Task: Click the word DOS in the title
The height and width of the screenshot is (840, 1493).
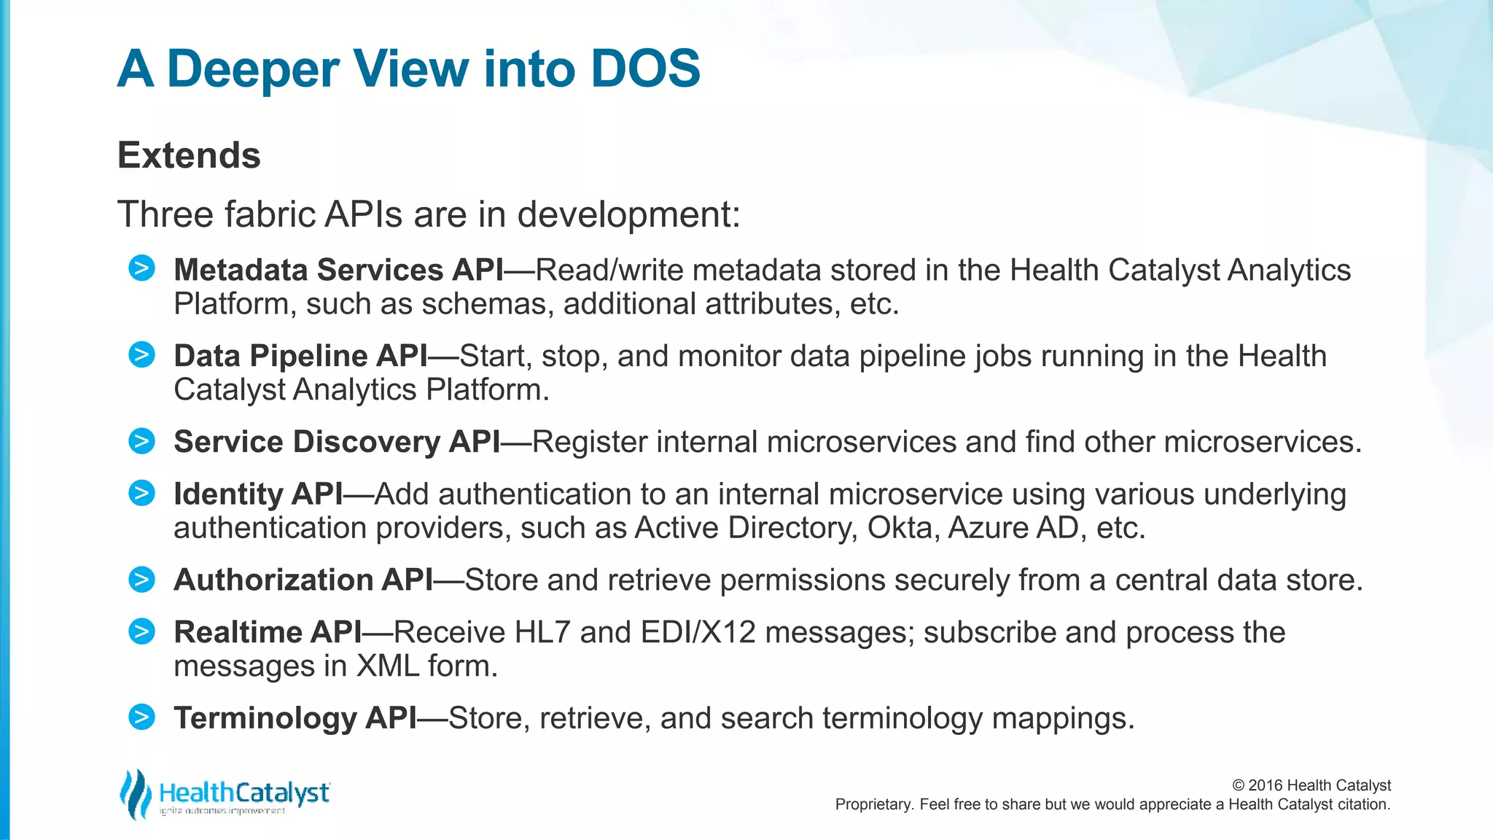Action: pyautogui.click(x=645, y=69)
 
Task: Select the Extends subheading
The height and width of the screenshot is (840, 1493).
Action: pyautogui.click(x=189, y=155)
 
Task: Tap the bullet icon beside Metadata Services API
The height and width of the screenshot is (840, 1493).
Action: pyautogui.click(x=141, y=268)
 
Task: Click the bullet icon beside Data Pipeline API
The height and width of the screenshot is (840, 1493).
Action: pyautogui.click(x=141, y=354)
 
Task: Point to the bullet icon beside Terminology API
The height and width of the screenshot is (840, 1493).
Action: pyautogui.click(x=141, y=717)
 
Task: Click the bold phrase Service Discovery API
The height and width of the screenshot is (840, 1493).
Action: pyautogui.click(x=337, y=442)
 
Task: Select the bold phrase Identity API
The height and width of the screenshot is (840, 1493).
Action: pyautogui.click(x=258, y=494)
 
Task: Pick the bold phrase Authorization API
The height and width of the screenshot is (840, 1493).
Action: pyautogui.click(x=303, y=580)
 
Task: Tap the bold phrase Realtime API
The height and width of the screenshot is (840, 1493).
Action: pyautogui.click(x=268, y=632)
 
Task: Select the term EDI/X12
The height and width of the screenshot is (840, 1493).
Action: pyautogui.click(x=698, y=632)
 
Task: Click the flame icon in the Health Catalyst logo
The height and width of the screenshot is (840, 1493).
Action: pyautogui.click(x=135, y=793)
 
